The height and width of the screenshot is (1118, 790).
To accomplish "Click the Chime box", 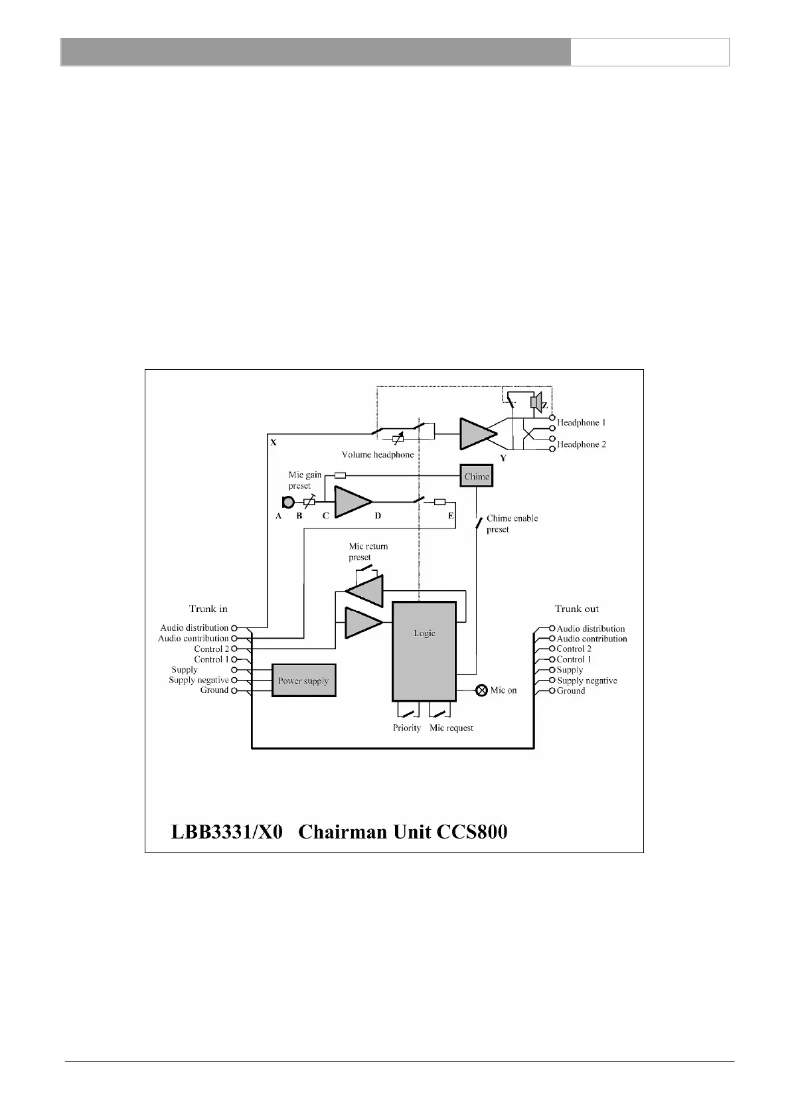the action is pos(477,477).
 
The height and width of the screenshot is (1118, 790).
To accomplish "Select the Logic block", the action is pos(424,651).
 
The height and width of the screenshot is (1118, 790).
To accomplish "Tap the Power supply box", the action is pos(303,680).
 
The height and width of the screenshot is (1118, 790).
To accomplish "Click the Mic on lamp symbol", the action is pos(483,690).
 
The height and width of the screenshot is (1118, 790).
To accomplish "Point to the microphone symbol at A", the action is pos(288,503).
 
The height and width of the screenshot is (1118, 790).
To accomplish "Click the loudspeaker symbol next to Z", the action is pos(536,403).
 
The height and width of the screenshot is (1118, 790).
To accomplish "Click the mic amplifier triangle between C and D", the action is pos(352,502).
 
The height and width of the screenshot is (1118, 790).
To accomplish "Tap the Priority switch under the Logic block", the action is pos(407,714).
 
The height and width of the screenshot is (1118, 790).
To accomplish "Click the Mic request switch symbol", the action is pos(441,714).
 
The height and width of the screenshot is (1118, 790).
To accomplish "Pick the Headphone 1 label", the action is pos(581,422).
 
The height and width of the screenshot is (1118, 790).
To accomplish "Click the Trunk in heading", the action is pos(208,609).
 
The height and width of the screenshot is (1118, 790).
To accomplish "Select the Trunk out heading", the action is pos(576,609).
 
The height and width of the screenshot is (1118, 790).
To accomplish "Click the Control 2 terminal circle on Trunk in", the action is pos(234,649).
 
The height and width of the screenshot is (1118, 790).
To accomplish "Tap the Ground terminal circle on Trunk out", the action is pos(552,691).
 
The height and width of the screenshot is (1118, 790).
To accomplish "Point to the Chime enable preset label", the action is pos(512,524).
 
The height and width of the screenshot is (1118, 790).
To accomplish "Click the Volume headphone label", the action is pos(378,455).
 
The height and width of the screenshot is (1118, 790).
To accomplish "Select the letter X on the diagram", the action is pos(274,441).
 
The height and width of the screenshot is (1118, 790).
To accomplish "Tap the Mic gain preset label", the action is pos(304,480).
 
